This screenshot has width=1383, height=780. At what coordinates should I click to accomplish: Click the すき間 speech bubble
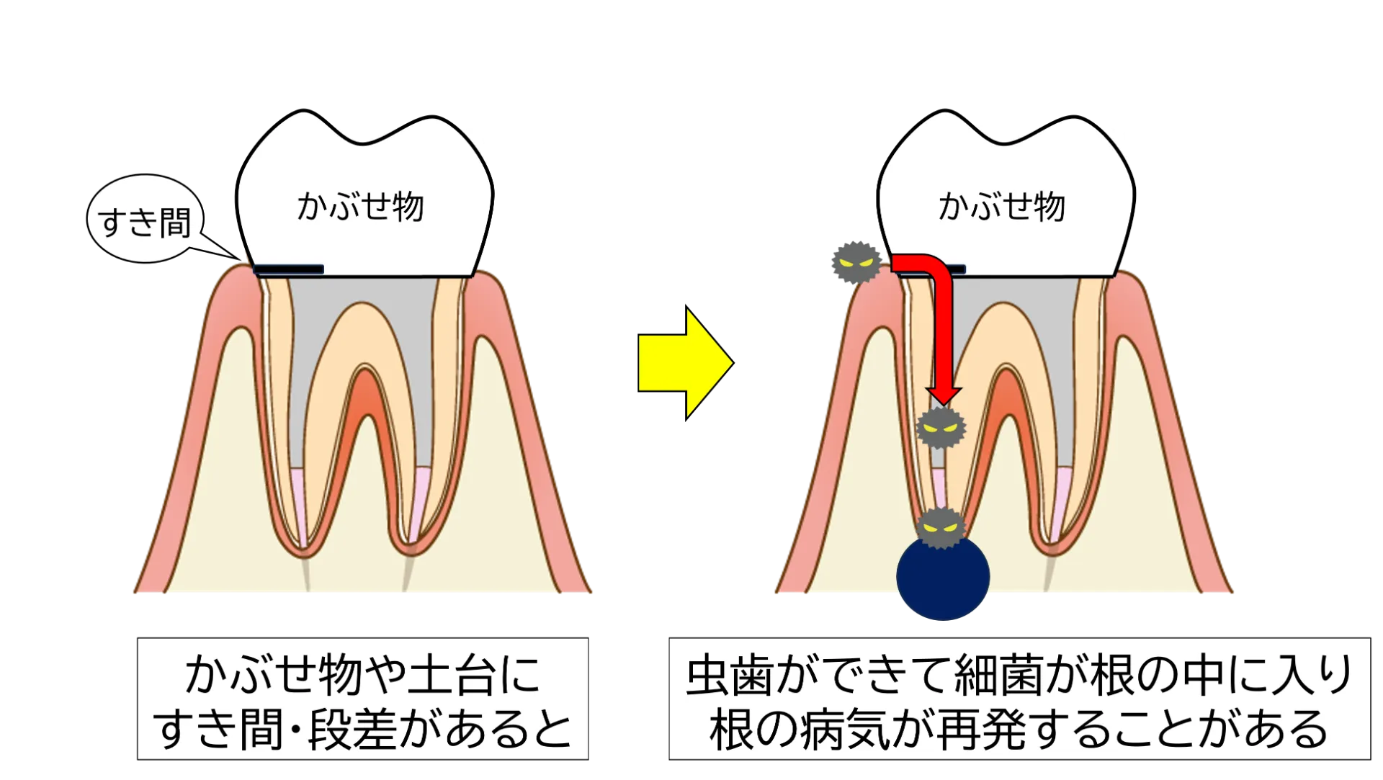coord(145,218)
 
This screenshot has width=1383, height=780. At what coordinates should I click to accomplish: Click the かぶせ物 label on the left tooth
coord(360,207)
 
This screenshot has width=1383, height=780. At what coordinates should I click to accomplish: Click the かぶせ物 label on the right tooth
coord(1001,207)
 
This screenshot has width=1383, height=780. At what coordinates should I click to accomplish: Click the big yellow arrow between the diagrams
coord(685,363)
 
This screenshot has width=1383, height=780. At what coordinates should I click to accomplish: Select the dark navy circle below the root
coord(943,577)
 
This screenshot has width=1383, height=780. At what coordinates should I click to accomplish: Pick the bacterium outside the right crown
coord(856,262)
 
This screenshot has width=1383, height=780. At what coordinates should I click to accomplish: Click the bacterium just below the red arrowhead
coord(941,429)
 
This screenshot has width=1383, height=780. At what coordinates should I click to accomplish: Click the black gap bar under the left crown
coord(289,269)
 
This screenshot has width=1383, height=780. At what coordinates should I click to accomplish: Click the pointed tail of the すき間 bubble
coord(240,259)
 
